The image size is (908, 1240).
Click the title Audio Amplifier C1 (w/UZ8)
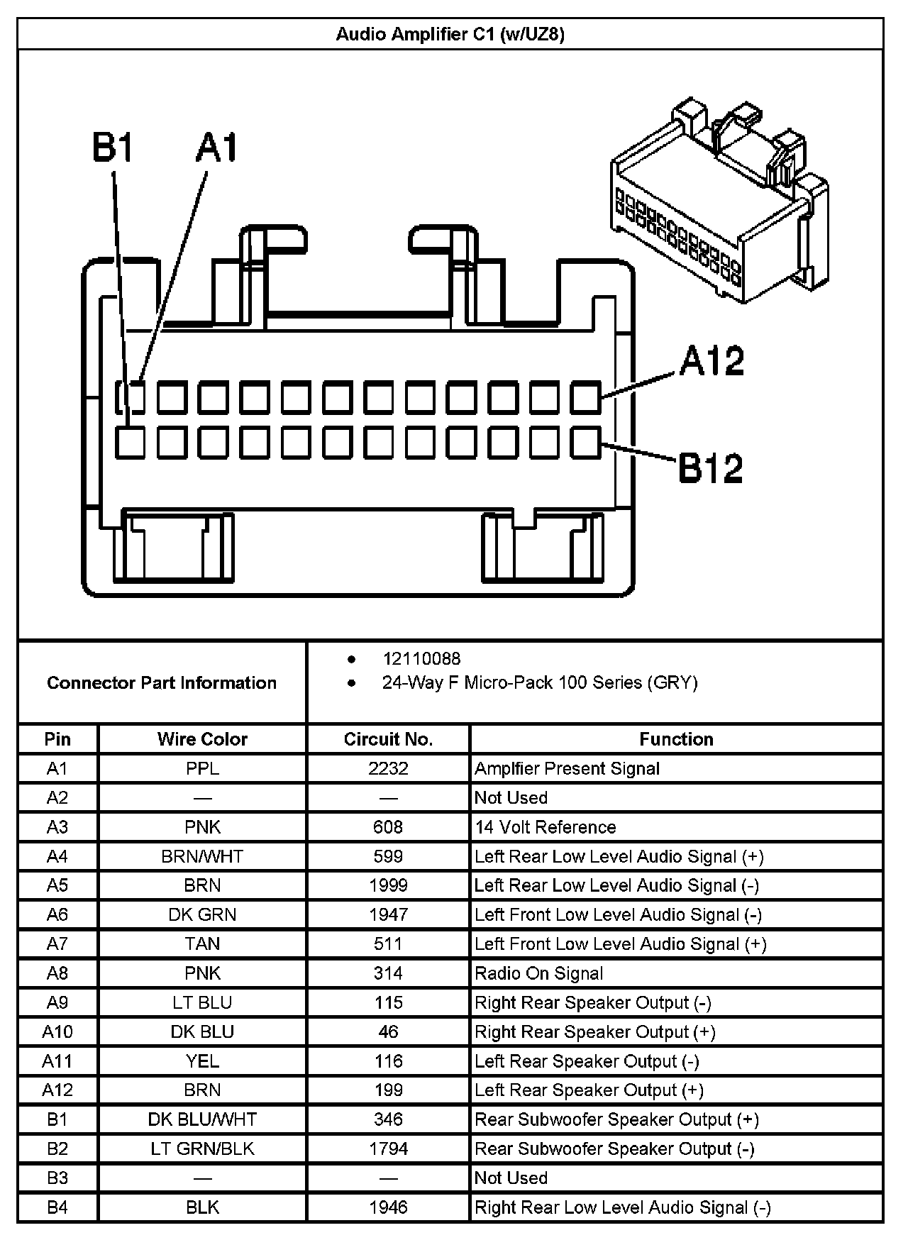[450, 34]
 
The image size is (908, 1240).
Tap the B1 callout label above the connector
[113, 148]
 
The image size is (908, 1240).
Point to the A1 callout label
[217, 148]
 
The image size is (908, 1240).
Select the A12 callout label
[712, 362]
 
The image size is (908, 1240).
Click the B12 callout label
[712, 469]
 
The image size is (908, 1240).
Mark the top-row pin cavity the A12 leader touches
[585, 397]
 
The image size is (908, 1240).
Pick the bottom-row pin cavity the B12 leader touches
[585, 443]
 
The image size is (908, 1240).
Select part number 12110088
[421, 659]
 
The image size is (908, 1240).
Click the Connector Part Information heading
[162, 683]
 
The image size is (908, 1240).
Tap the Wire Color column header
[202, 739]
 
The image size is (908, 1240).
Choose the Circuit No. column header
[388, 739]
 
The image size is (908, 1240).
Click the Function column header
[676, 739]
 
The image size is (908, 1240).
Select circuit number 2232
[388, 769]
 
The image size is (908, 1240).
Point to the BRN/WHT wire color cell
[202, 857]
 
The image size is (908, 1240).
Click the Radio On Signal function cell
[539, 973]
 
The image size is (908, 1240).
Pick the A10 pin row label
[57, 1032]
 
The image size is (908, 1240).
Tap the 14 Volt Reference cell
[545, 827]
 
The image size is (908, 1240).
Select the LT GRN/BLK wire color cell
[202, 1148]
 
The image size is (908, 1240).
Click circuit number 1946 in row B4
[388, 1207]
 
